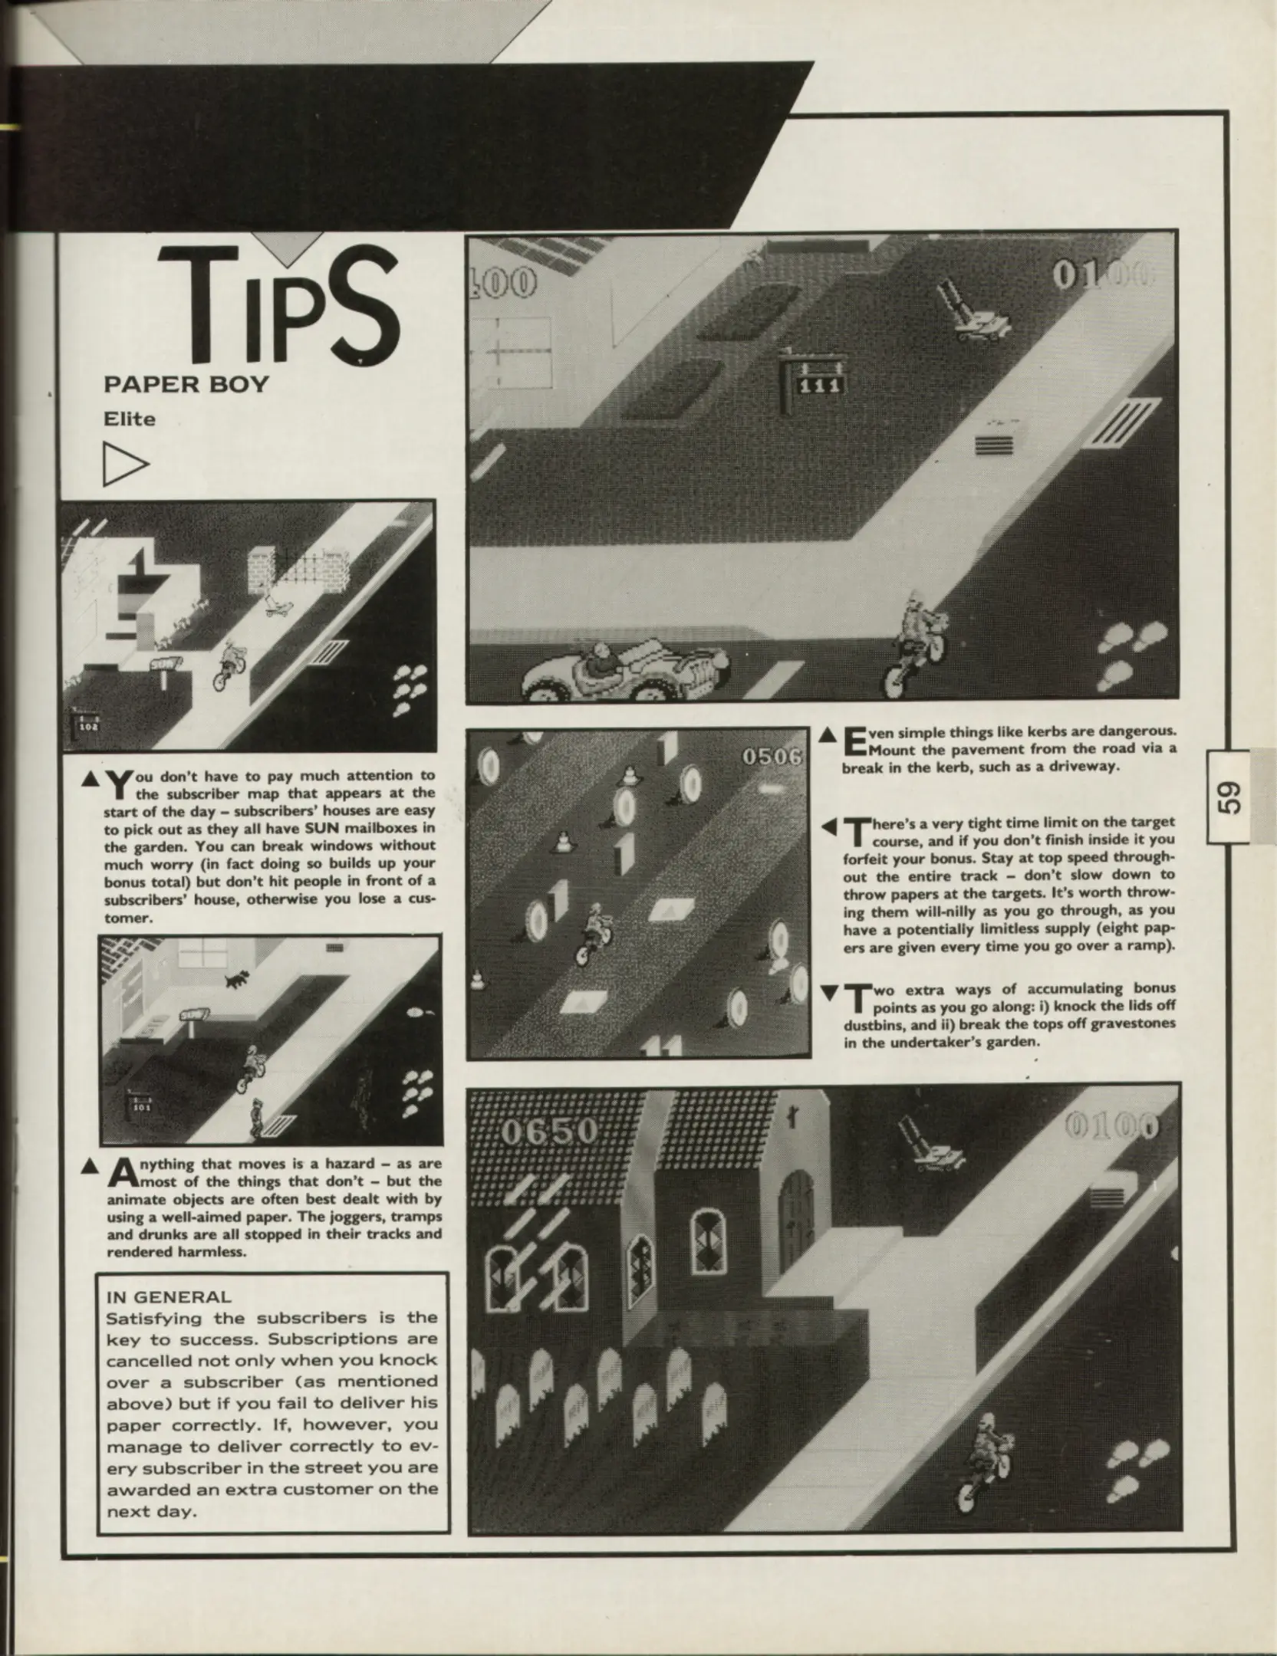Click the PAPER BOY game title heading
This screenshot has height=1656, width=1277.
pyautogui.click(x=186, y=384)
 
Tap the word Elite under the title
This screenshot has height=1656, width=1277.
pyautogui.click(x=130, y=419)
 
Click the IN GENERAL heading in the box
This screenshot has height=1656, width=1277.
pyautogui.click(x=169, y=1297)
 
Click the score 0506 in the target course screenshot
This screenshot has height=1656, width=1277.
pyautogui.click(x=771, y=757)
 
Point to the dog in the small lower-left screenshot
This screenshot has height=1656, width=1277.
pyautogui.click(x=237, y=978)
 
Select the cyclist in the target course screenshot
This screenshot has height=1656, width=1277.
pyautogui.click(x=594, y=936)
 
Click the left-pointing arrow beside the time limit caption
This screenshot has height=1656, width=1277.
pyautogui.click(x=828, y=827)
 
